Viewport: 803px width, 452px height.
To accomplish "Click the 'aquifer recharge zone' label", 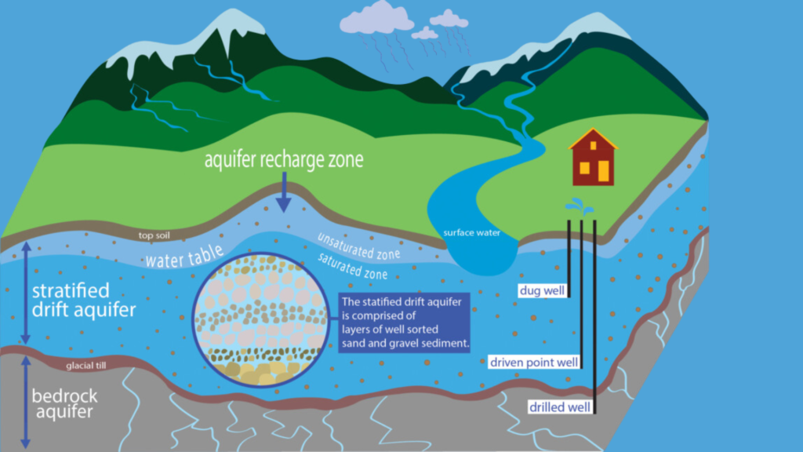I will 284,160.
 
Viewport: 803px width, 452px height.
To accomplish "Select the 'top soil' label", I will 154,235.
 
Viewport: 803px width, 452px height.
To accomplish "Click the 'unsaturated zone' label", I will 358,246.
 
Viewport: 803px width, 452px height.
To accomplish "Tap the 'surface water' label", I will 471,233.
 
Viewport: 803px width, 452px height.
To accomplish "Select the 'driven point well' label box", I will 533,363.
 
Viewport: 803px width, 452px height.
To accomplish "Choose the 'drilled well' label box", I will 558,406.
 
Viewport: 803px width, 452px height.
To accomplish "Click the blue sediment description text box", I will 405,323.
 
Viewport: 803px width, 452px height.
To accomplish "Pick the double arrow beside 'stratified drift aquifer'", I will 25,293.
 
